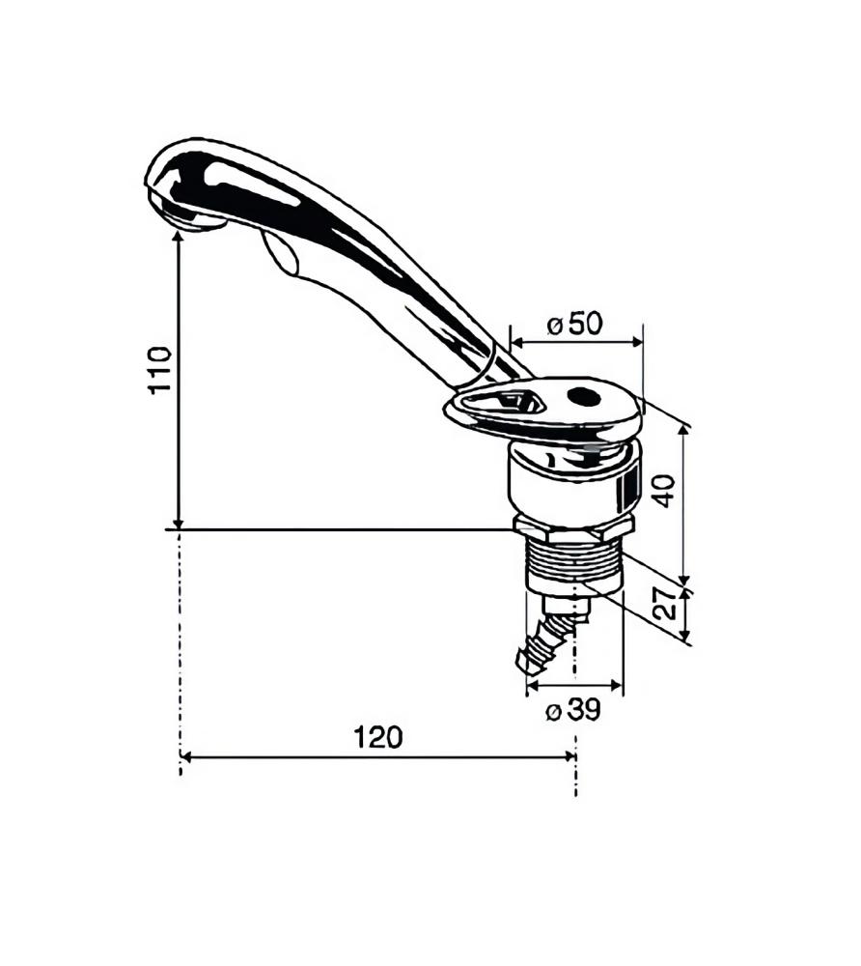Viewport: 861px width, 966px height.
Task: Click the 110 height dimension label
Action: (160, 368)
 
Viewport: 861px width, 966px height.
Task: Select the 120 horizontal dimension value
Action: (377, 737)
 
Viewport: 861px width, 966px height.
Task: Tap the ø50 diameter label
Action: (574, 325)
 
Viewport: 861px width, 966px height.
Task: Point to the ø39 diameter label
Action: (572, 711)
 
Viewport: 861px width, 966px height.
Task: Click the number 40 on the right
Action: (663, 491)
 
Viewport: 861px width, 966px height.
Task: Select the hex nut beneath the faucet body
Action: (572, 527)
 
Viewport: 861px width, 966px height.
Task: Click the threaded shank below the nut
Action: (573, 565)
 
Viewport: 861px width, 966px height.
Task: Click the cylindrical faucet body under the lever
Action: (572, 483)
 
